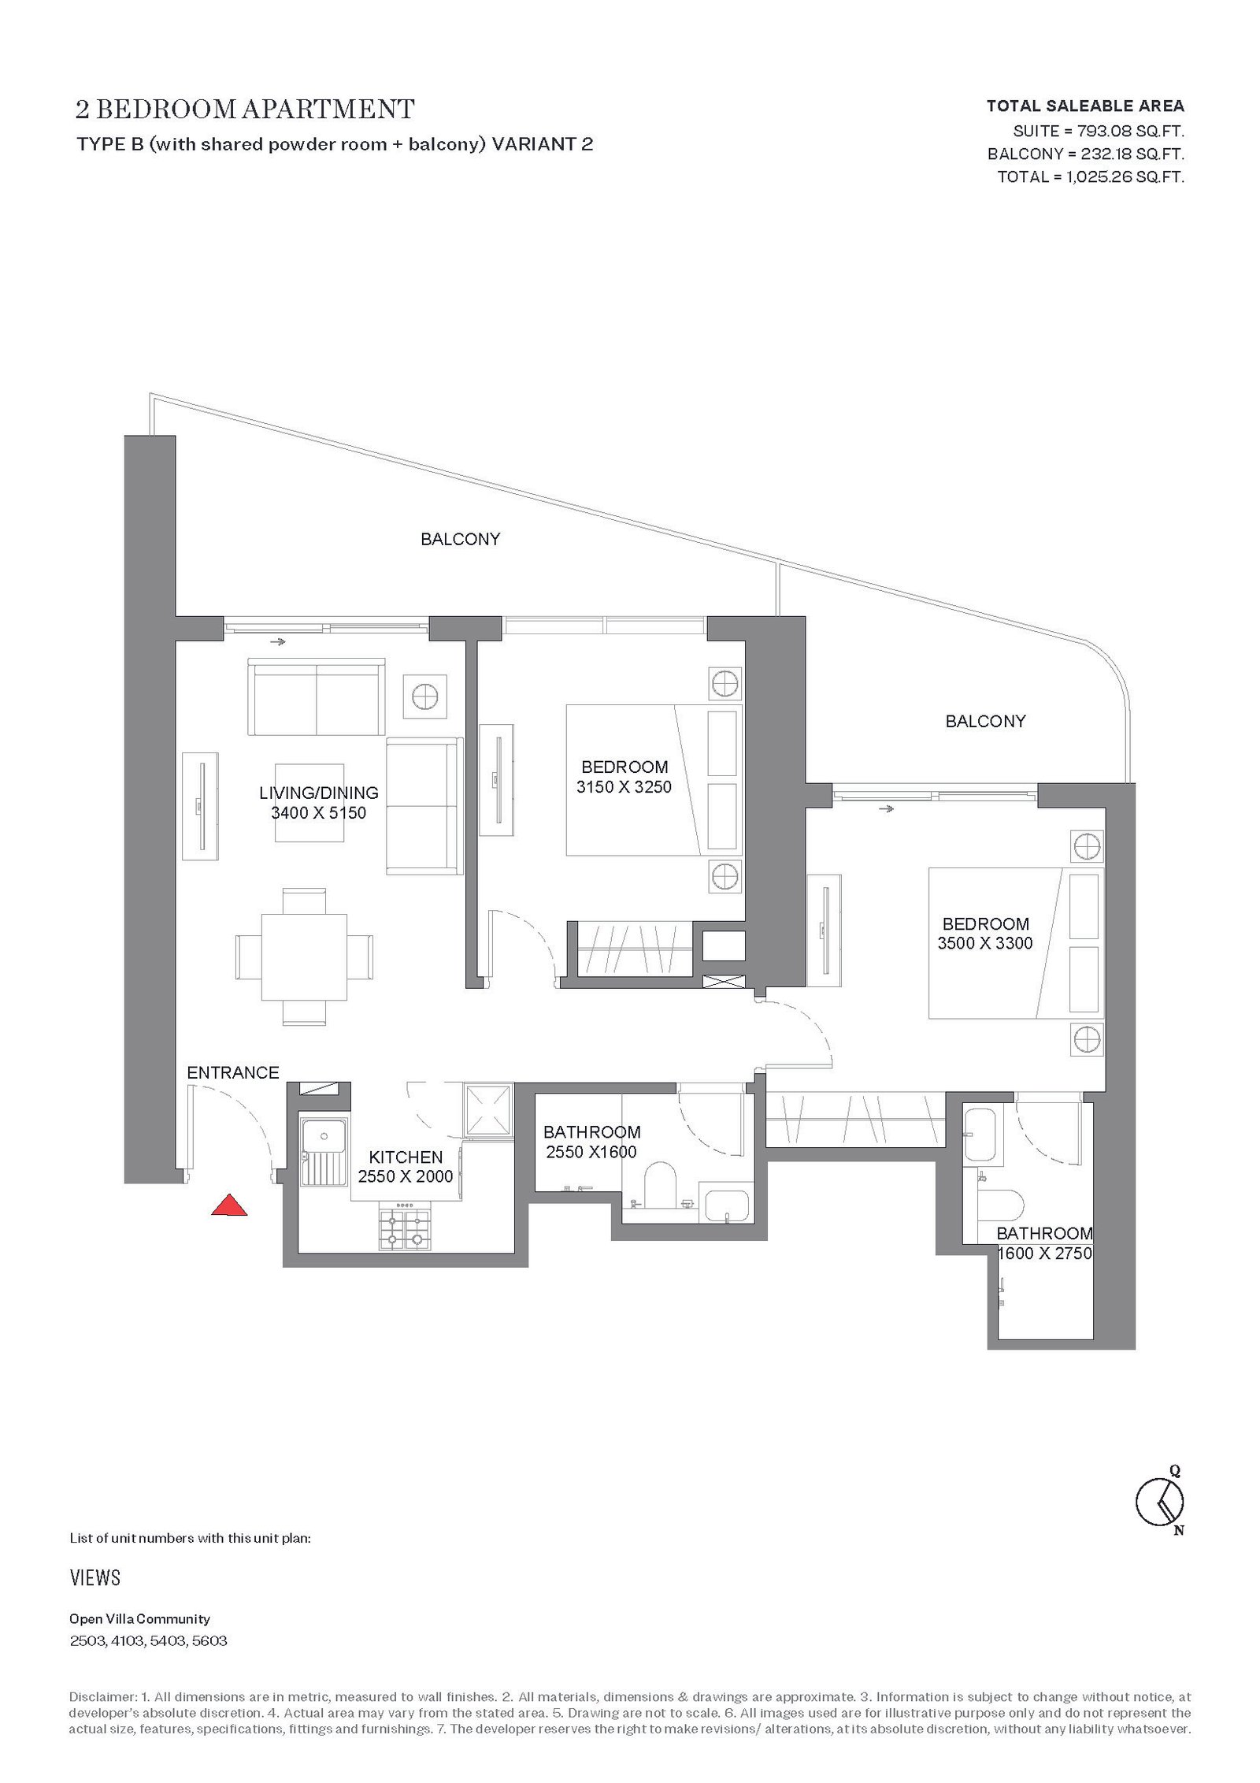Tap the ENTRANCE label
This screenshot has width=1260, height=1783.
(233, 1072)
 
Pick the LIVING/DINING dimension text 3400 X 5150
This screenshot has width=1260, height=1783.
(319, 812)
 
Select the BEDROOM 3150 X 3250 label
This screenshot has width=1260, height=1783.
(624, 776)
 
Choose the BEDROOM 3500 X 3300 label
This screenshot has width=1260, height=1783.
(985, 933)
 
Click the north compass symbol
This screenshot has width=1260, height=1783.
(1160, 1507)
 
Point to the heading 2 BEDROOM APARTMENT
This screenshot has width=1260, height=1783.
(245, 109)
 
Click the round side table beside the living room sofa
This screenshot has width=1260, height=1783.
(424, 696)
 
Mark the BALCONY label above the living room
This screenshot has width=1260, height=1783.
(461, 539)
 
